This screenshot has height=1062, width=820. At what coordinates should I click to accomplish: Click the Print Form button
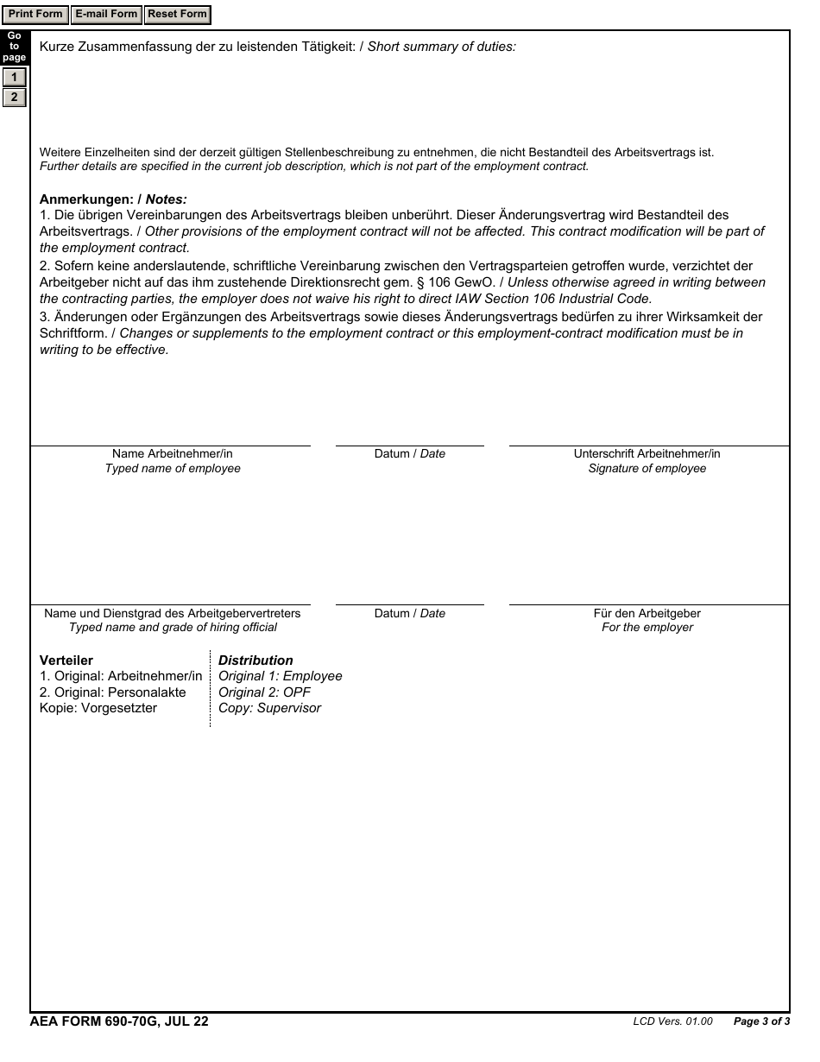(35, 15)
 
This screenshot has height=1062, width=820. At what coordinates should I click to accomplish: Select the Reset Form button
(177, 15)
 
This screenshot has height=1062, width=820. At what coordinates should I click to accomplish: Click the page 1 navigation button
(14, 78)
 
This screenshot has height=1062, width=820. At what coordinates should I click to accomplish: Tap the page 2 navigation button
(14, 97)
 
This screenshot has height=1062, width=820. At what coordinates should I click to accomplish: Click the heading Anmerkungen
(86, 199)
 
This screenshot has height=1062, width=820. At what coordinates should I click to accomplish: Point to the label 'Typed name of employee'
(173, 469)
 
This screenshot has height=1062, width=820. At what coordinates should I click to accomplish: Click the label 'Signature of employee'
(647, 469)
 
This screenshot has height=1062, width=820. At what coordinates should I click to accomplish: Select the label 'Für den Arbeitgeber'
(647, 613)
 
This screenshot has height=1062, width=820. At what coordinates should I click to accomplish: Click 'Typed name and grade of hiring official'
(173, 628)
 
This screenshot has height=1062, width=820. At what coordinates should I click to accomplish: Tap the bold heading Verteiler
(66, 661)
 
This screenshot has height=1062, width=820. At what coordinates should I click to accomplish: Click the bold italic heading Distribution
(255, 661)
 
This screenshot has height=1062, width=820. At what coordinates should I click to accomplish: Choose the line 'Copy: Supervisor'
(269, 708)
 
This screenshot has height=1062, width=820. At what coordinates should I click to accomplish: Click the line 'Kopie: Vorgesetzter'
(98, 708)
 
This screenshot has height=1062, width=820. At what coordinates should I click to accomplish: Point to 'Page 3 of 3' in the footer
(761, 1022)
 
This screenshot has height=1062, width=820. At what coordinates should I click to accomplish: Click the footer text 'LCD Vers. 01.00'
(672, 1022)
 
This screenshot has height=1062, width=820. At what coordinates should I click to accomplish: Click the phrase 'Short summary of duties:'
(442, 47)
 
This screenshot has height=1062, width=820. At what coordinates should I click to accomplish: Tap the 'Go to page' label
(14, 47)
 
